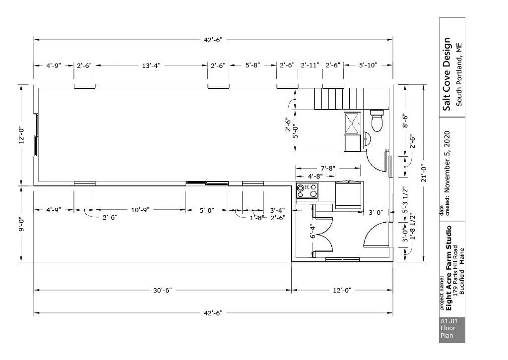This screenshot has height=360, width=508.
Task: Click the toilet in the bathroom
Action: [377, 120]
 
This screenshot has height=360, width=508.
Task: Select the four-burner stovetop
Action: [307, 191]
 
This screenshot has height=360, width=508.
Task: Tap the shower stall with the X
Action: [353, 123]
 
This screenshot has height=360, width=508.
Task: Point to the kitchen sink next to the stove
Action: [348, 195]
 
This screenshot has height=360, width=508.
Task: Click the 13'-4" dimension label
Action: [151, 65]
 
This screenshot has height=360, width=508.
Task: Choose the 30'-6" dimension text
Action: [162, 290]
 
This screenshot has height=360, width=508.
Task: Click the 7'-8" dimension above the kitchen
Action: [328, 168]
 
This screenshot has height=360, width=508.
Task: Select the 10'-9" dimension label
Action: [140, 210]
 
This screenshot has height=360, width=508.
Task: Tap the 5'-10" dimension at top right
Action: [368, 65]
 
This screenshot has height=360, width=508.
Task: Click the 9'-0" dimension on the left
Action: [22, 224]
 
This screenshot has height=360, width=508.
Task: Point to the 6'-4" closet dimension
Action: [313, 232]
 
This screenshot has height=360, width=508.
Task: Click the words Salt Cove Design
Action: [447, 74]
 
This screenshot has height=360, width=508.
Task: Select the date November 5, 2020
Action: [447, 162]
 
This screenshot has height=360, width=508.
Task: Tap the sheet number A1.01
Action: [449, 321]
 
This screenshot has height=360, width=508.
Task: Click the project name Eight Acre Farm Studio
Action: [448, 268]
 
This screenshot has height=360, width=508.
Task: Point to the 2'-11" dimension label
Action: [310, 65]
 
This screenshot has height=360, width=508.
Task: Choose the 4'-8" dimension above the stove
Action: [315, 176]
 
